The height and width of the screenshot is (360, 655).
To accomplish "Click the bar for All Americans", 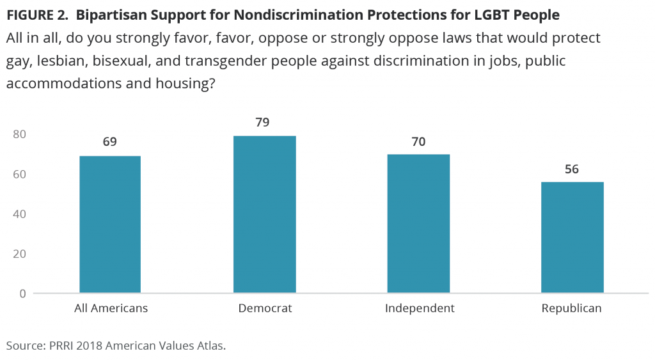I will (x=110, y=224).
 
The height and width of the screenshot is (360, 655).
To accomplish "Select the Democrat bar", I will (x=265, y=214).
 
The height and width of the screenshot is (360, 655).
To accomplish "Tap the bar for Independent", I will (x=419, y=223).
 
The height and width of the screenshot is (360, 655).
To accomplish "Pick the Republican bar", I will (x=572, y=237).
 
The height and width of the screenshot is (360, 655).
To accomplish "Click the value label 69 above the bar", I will (x=110, y=141).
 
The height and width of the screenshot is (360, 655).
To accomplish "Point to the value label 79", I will (x=265, y=121).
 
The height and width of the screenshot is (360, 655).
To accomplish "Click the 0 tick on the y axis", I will (x=22, y=293).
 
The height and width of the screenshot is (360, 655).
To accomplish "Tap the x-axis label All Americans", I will (x=110, y=308).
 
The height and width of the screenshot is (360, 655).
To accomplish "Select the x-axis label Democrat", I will (x=265, y=308).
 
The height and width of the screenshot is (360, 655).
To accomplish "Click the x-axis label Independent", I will (x=420, y=308).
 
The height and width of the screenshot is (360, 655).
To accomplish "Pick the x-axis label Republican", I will (x=572, y=308).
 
